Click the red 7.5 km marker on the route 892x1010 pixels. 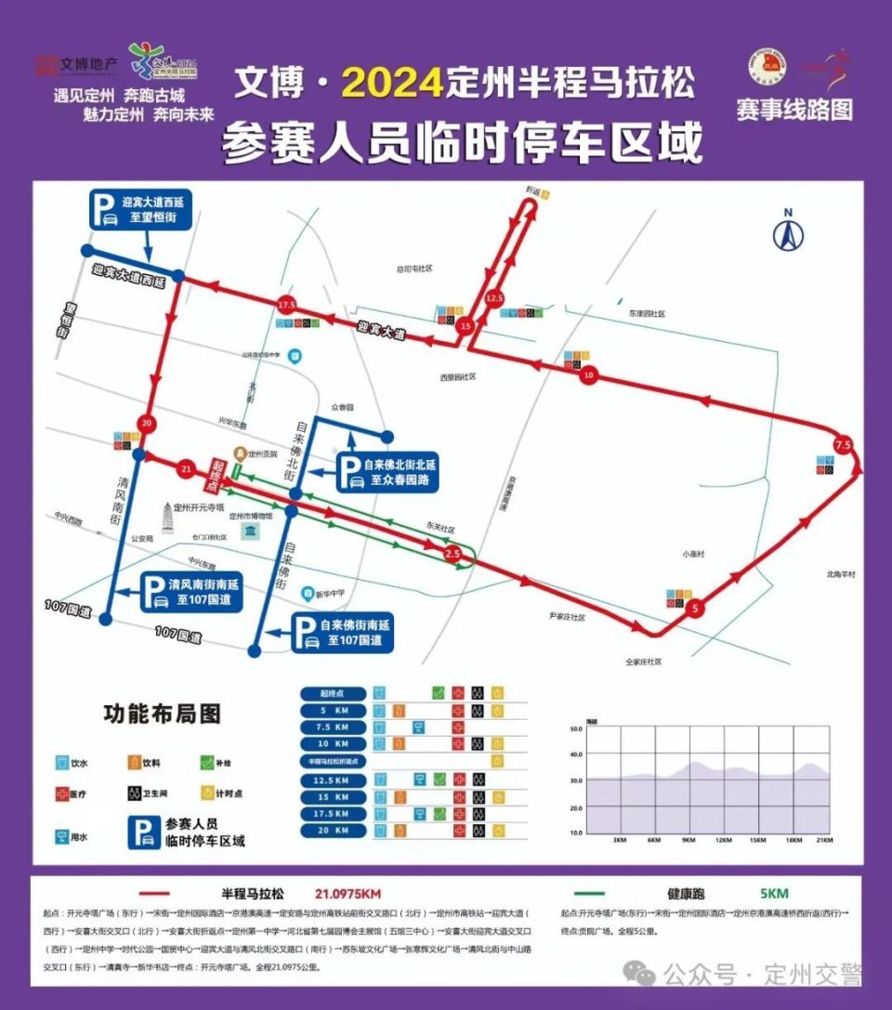tap(843, 444)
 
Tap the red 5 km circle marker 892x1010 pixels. tap(694, 610)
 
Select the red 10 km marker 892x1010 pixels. tap(589, 374)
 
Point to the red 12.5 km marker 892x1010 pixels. tap(494, 298)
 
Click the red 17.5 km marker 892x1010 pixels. tap(285, 305)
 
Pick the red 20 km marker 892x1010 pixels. tap(146, 424)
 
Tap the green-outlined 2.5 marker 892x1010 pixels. tap(453, 554)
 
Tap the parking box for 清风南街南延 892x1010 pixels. tap(190, 592)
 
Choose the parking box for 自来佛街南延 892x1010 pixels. tap(342, 633)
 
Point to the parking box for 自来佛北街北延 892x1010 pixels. tap(387, 472)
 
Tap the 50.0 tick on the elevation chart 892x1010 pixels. tap(574, 729)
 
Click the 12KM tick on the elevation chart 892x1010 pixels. tap(724, 841)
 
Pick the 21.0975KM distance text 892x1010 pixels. tap(348, 894)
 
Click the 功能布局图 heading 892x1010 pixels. tap(162, 714)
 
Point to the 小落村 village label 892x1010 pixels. tap(693, 554)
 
